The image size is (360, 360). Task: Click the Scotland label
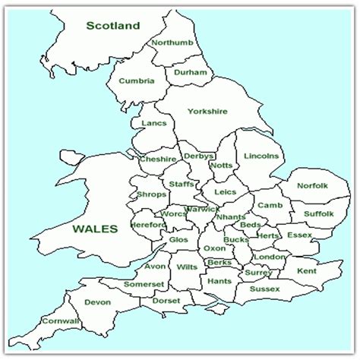coord(113,26)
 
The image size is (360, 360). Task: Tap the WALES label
coord(95,229)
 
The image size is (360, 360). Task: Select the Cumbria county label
coord(137,81)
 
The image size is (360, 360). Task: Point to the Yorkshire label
coord(207,112)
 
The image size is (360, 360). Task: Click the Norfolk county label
coord(312,185)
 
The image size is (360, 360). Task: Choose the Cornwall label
coord(62,321)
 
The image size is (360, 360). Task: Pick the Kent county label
coord(307,270)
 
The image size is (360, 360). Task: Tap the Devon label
coord(98,302)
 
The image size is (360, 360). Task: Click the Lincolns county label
coord(262,156)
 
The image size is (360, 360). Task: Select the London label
coord(270,257)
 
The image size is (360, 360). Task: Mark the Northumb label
coord(172,43)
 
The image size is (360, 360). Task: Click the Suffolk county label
coord(318,213)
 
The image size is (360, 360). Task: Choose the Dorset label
coord(166,301)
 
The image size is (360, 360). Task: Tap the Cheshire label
coord(159,159)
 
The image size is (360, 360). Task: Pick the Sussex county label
coord(264,289)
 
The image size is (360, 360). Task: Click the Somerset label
coord(144,284)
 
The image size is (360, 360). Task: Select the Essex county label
coord(299,235)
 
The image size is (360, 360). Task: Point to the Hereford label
coord(147,225)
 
